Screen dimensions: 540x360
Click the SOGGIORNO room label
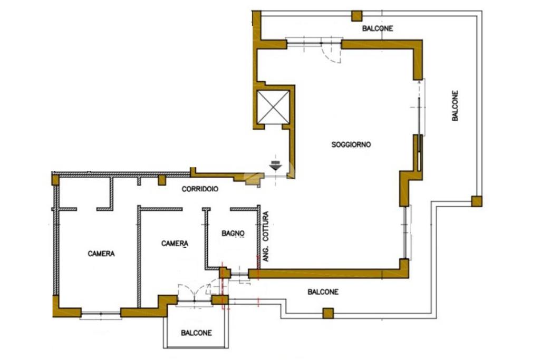tap(351, 144)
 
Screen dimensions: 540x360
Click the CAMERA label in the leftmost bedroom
tap(101, 254)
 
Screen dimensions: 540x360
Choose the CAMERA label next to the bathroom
tap(175, 243)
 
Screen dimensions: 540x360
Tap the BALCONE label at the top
tap(377, 28)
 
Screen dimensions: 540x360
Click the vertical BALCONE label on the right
tap(456, 106)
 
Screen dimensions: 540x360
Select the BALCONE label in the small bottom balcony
tap(196, 333)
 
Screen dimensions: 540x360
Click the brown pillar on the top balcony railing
tap(357, 16)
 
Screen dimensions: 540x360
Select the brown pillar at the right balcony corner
tap(476, 201)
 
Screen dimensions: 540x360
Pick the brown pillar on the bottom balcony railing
tap(327, 313)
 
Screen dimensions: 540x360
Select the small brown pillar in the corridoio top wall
tap(162, 180)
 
